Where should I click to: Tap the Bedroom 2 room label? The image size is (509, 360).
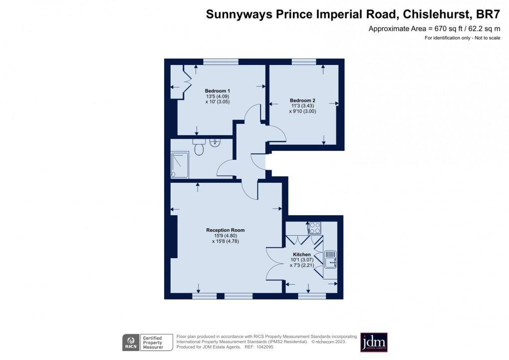click(x=302, y=100)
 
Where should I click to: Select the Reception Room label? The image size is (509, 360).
click(x=226, y=230)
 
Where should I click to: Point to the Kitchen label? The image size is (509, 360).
click(x=302, y=255)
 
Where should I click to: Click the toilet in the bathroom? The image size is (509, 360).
click(x=199, y=148)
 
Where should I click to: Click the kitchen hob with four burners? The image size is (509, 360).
click(x=315, y=228)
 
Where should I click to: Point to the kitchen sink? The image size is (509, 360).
click(x=330, y=260)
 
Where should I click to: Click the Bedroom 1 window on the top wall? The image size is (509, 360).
click(x=221, y=62)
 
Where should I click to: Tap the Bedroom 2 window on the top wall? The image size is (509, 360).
click(x=304, y=62)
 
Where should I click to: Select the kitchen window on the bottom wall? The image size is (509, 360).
click(x=312, y=296)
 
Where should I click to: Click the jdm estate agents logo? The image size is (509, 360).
click(x=374, y=343)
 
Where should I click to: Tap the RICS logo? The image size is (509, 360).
click(x=131, y=343)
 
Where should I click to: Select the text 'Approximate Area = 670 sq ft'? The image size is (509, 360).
click(x=408, y=29)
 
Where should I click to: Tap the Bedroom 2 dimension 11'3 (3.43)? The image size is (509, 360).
click(x=302, y=106)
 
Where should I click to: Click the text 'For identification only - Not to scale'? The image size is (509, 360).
click(x=462, y=38)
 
